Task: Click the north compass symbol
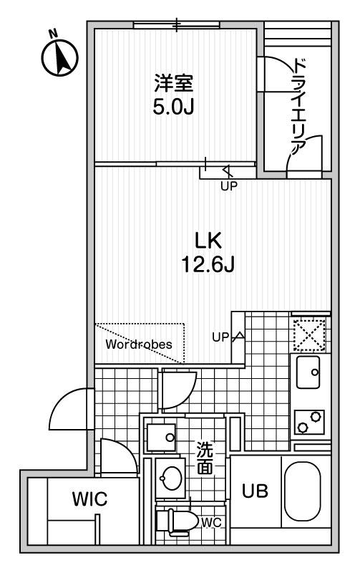click(x=59, y=56)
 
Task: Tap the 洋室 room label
click(x=173, y=83)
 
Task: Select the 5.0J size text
click(x=173, y=107)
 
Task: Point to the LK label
click(x=208, y=241)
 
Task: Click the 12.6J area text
click(x=208, y=264)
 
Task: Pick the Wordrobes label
click(x=139, y=344)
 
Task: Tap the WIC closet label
click(x=89, y=499)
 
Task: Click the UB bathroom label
click(x=256, y=491)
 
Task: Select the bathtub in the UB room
click(x=302, y=491)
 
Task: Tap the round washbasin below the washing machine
click(x=170, y=478)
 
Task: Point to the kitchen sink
click(x=308, y=372)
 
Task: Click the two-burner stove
click(x=309, y=422)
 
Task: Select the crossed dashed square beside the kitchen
click(x=310, y=334)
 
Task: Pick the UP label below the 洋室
click(x=229, y=186)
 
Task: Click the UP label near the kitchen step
click(x=220, y=337)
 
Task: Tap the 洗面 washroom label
click(x=205, y=458)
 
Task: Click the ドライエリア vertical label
click(x=300, y=107)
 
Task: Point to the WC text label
click(x=211, y=523)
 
